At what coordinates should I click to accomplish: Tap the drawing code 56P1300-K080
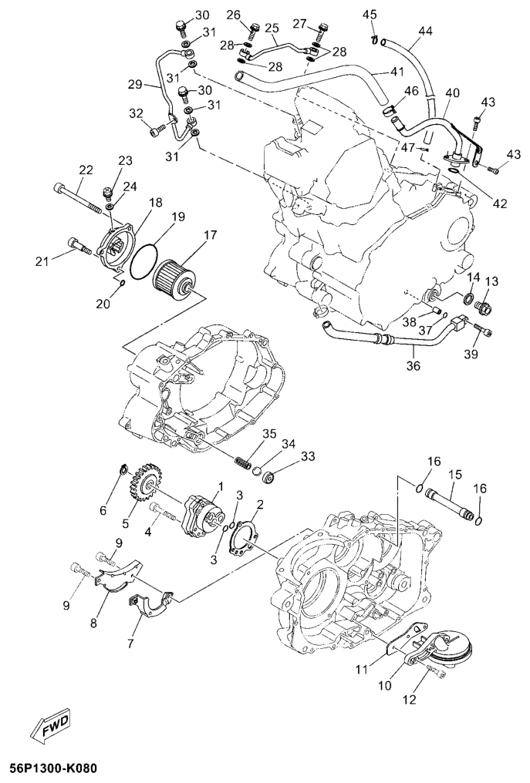click(49, 768)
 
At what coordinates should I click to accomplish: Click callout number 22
click(86, 170)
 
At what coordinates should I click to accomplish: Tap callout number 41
click(397, 72)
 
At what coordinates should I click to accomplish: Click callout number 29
click(135, 85)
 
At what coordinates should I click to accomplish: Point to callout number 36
click(414, 366)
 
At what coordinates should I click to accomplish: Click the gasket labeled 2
click(242, 538)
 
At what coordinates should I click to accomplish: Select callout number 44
click(426, 31)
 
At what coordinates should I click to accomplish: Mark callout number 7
click(130, 644)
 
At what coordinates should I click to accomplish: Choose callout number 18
click(156, 202)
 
